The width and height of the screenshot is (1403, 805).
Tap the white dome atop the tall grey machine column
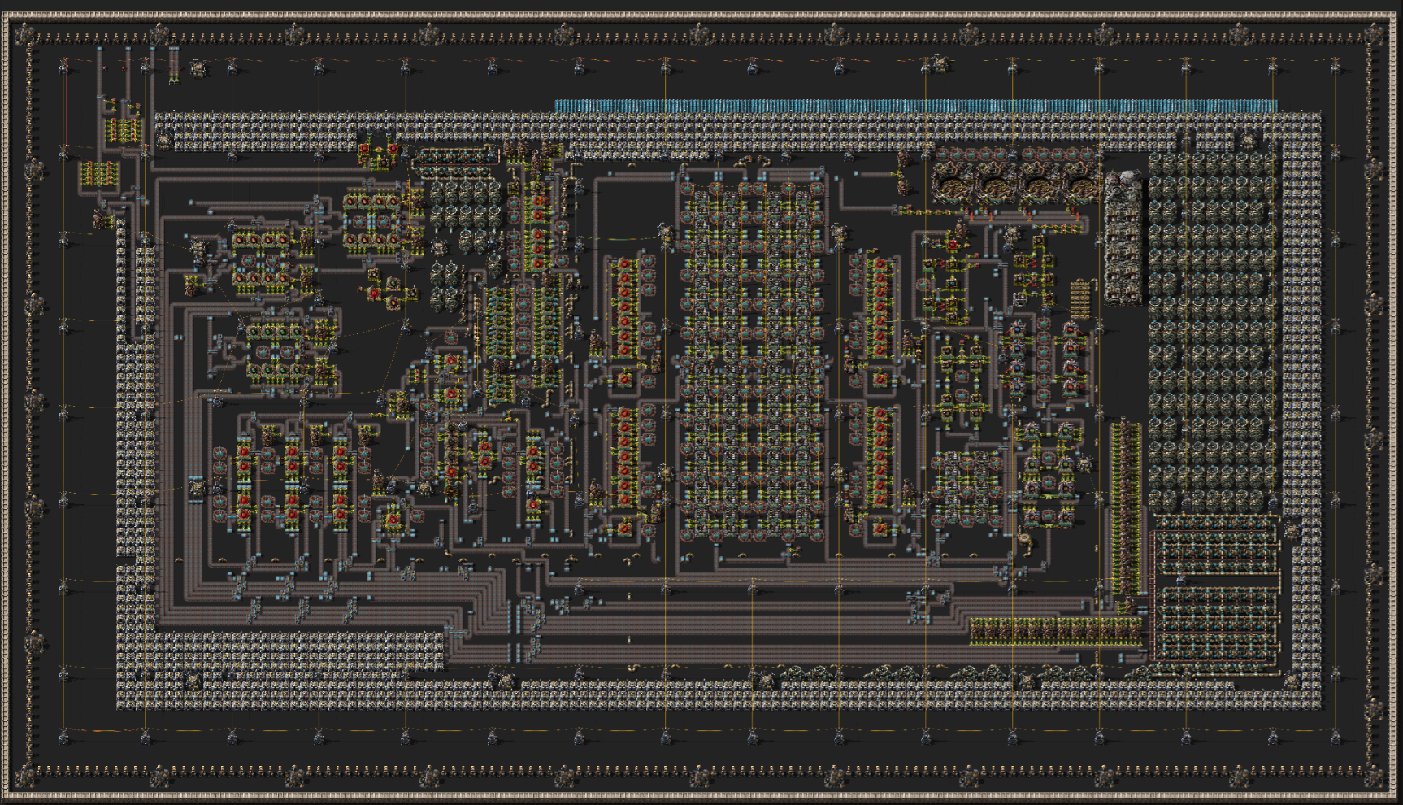click(1128, 177)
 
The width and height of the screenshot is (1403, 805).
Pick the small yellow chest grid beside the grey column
click(1079, 299)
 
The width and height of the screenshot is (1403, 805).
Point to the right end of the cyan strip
click(1274, 106)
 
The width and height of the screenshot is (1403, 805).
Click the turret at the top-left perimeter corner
click(26, 34)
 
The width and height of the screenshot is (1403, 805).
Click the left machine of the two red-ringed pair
click(365, 150)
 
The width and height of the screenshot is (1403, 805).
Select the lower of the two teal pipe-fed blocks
click(1214, 623)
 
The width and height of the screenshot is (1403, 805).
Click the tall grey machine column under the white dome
click(1124, 244)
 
